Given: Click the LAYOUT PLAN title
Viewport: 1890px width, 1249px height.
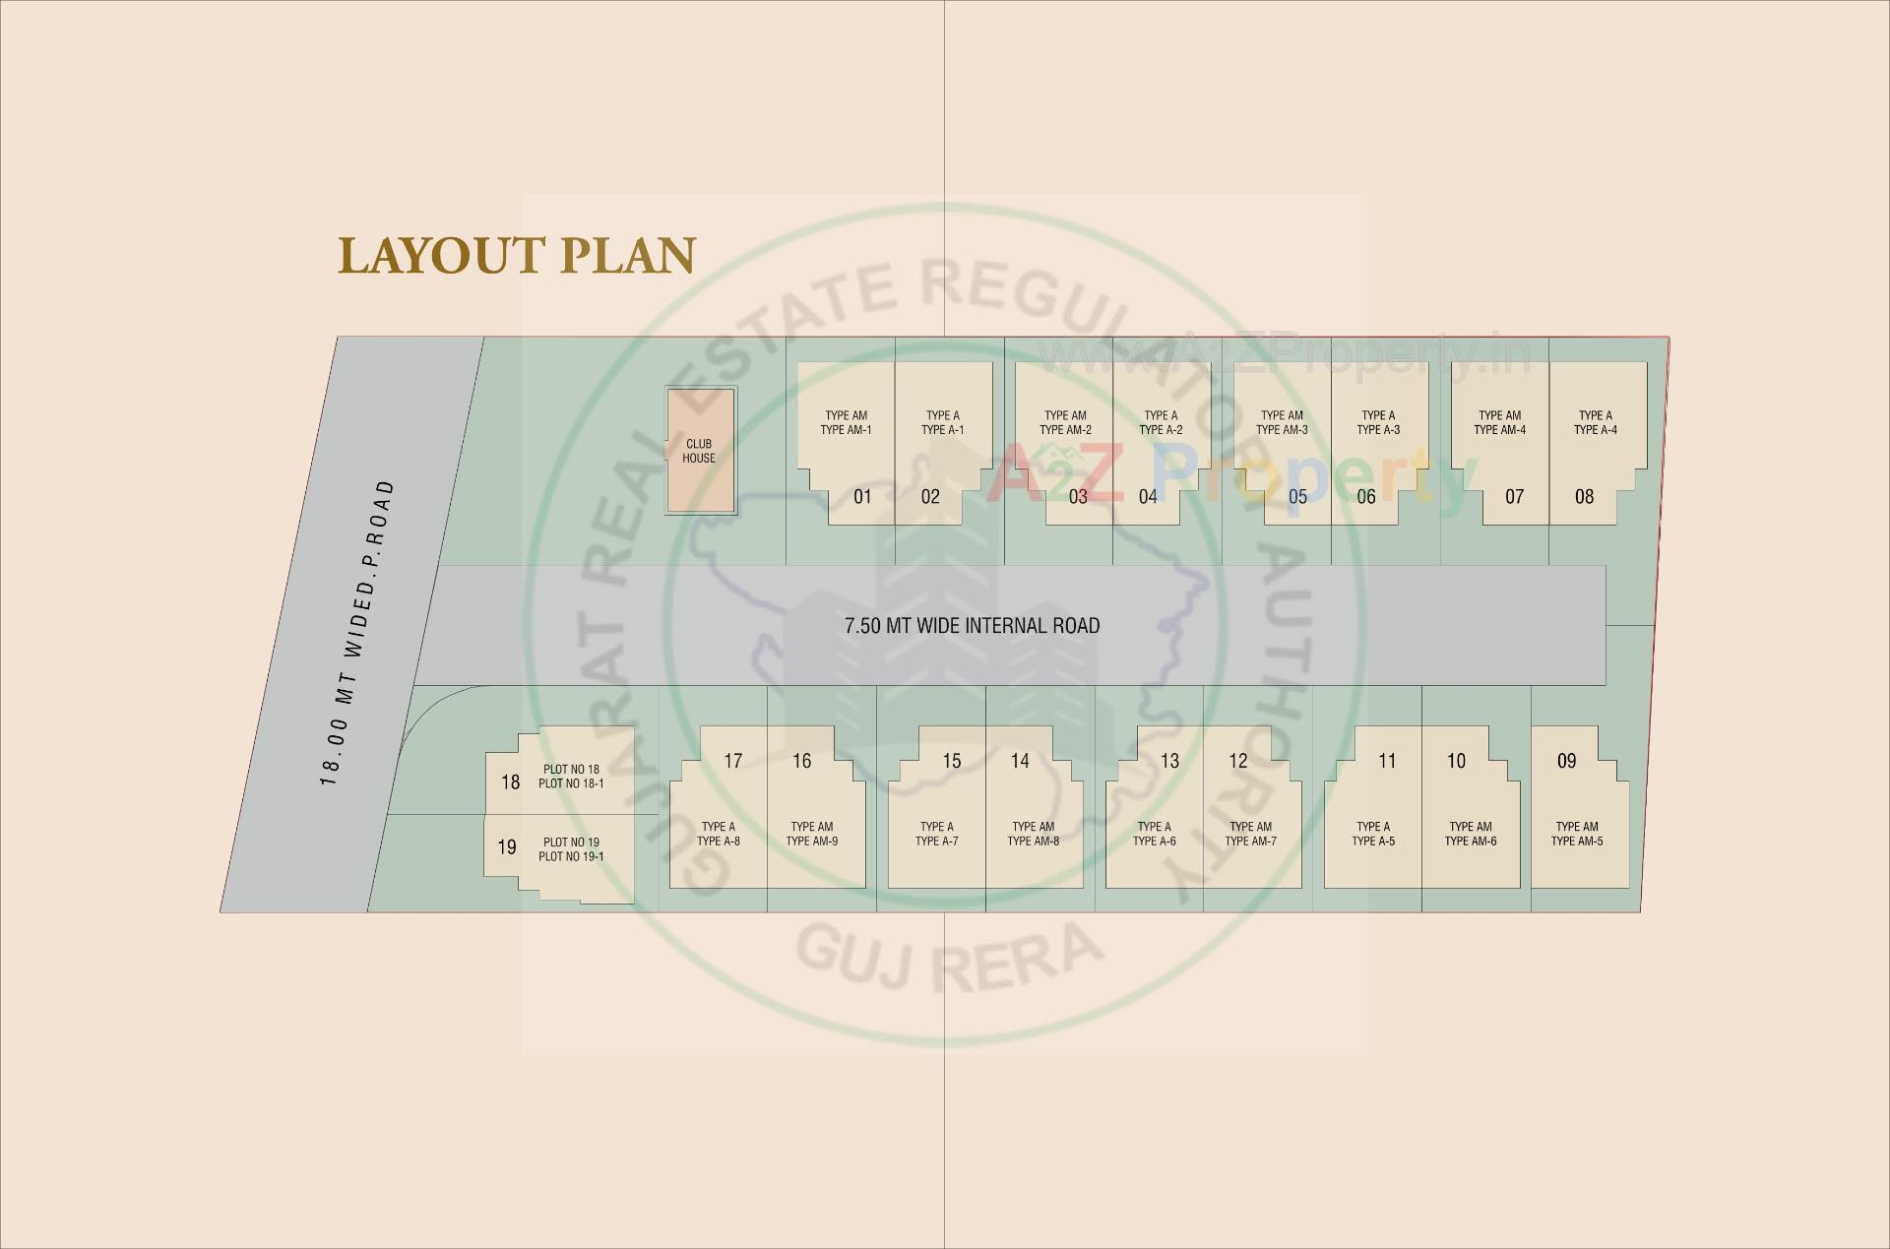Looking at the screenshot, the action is tap(517, 255).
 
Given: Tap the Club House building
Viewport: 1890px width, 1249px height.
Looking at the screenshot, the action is tap(700, 451).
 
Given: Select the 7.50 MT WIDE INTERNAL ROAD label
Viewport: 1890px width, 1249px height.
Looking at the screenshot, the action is tap(972, 626).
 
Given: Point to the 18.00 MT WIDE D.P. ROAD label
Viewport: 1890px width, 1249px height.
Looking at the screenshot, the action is tap(356, 634).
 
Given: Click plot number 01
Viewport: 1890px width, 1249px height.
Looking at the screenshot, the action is tap(862, 497).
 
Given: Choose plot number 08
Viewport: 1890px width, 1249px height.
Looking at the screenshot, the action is tap(1584, 497).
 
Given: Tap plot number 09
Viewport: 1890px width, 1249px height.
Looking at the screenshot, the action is tap(1566, 761).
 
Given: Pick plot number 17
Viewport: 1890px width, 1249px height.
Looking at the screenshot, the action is tap(732, 761).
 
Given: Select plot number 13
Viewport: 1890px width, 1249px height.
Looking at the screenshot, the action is tap(1169, 761).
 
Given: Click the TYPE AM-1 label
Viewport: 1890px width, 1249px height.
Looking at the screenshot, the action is tap(846, 429).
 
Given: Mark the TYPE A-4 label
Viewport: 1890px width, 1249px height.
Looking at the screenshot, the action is tap(1595, 429).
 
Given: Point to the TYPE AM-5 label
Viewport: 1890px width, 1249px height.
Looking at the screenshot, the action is tap(1577, 841).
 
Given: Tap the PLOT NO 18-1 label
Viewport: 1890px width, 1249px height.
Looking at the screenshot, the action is tap(571, 783).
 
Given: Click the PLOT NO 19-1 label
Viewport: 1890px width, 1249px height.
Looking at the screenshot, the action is tap(571, 856).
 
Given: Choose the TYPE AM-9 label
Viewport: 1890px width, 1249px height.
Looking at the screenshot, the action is tap(812, 841).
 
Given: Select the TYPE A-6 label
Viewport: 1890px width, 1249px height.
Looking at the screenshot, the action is tap(1154, 841).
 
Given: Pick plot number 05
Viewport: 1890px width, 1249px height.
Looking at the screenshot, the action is tap(1297, 497).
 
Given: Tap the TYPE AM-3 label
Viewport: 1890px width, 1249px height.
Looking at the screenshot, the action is tap(1282, 429).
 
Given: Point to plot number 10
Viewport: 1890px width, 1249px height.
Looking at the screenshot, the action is tap(1456, 761).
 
